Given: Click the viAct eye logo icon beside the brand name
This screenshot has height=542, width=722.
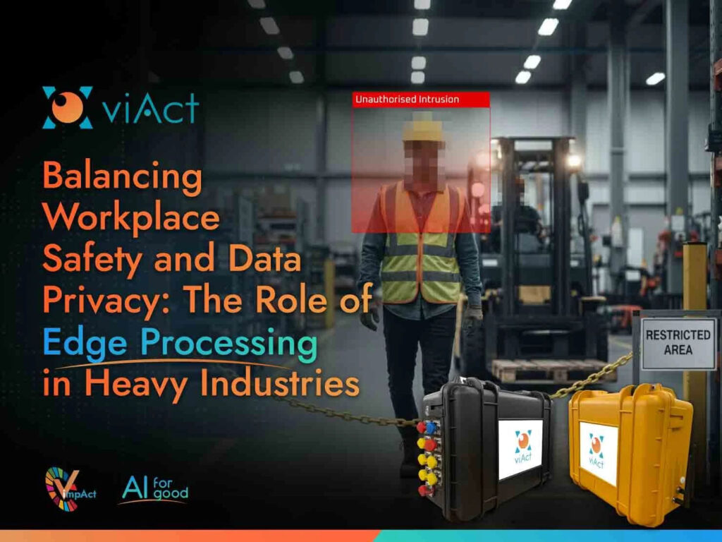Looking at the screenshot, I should (x=67, y=108).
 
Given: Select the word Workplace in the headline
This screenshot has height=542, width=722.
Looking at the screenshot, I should (x=130, y=219).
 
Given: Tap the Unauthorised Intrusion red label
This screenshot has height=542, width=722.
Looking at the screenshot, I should (x=407, y=100).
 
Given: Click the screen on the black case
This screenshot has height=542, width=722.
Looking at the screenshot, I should (x=520, y=449).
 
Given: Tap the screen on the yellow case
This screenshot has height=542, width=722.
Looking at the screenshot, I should (x=598, y=453).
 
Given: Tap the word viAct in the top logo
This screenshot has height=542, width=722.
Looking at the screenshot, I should (x=149, y=109).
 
